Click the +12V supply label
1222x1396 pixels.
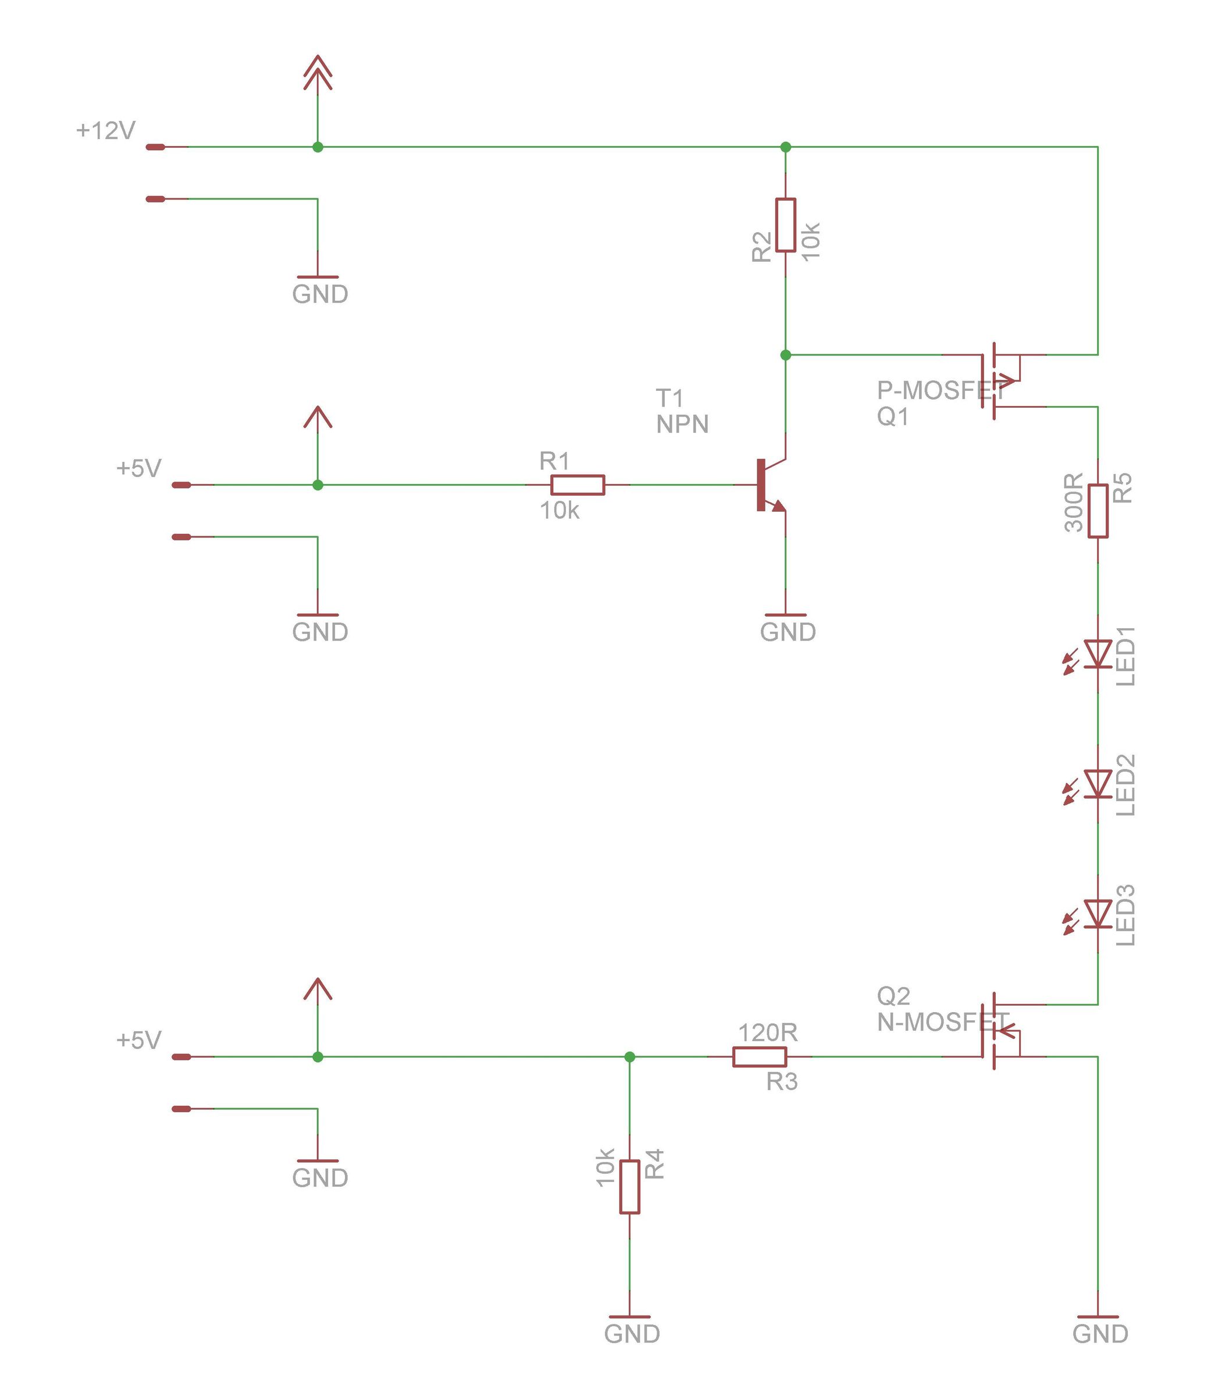tap(106, 130)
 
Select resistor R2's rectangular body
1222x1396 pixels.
tap(786, 225)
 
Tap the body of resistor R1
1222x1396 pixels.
tap(578, 485)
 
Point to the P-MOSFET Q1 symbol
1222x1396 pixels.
tap(1002, 380)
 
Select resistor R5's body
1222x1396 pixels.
tap(1098, 511)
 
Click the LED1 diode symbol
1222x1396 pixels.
tap(1098, 653)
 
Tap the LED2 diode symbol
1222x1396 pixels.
tap(1098, 784)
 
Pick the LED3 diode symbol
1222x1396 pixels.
tap(1098, 913)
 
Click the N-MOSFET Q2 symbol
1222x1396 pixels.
tap(1002, 1031)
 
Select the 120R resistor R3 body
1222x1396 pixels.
tap(760, 1056)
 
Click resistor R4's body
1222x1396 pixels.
tap(629, 1187)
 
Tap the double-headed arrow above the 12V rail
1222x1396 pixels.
tap(318, 73)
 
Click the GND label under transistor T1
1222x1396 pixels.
tap(788, 632)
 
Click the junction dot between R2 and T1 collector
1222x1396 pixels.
tap(786, 355)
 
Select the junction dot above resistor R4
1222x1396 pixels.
tap(629, 1056)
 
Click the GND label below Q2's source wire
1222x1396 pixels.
tap(1100, 1333)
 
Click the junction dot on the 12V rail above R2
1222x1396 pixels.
tap(786, 147)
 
